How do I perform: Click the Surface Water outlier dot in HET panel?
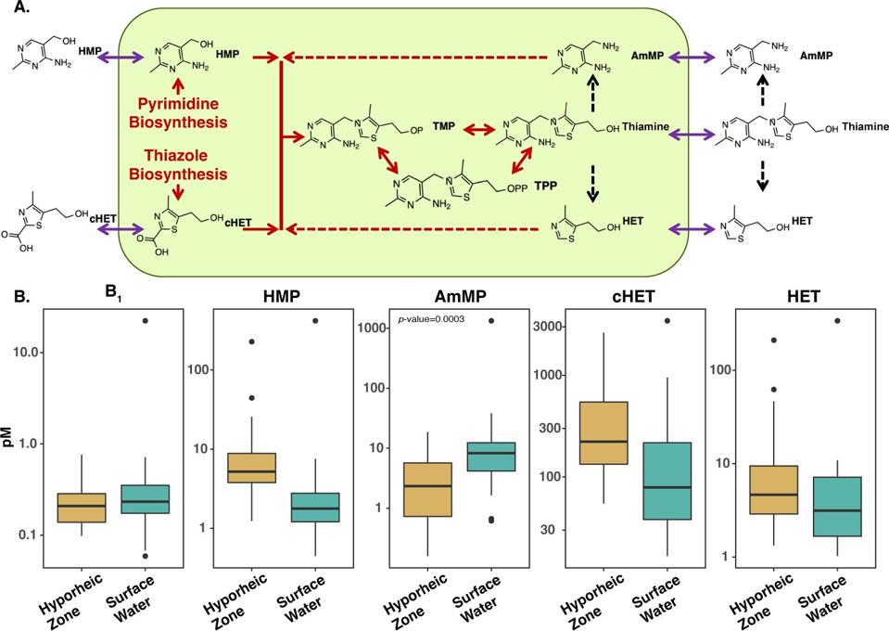point(837,321)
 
